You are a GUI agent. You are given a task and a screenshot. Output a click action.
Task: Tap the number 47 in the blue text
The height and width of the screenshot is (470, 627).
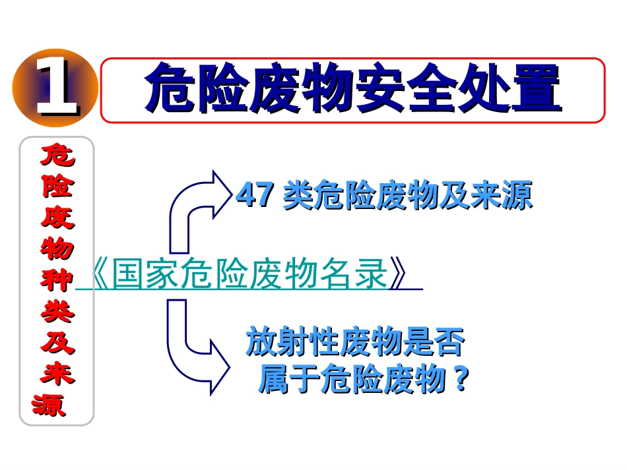click(255, 196)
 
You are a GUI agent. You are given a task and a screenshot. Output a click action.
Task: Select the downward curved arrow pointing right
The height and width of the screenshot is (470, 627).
click(195, 349)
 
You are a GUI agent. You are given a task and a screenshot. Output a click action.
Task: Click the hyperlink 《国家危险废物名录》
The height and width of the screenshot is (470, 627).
click(249, 276)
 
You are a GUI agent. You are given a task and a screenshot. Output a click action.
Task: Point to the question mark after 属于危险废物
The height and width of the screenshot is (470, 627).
click(461, 380)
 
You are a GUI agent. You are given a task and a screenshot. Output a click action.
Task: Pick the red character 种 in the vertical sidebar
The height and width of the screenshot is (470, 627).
click(57, 279)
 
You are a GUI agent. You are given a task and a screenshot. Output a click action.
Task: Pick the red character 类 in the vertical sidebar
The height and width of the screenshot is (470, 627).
click(57, 311)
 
